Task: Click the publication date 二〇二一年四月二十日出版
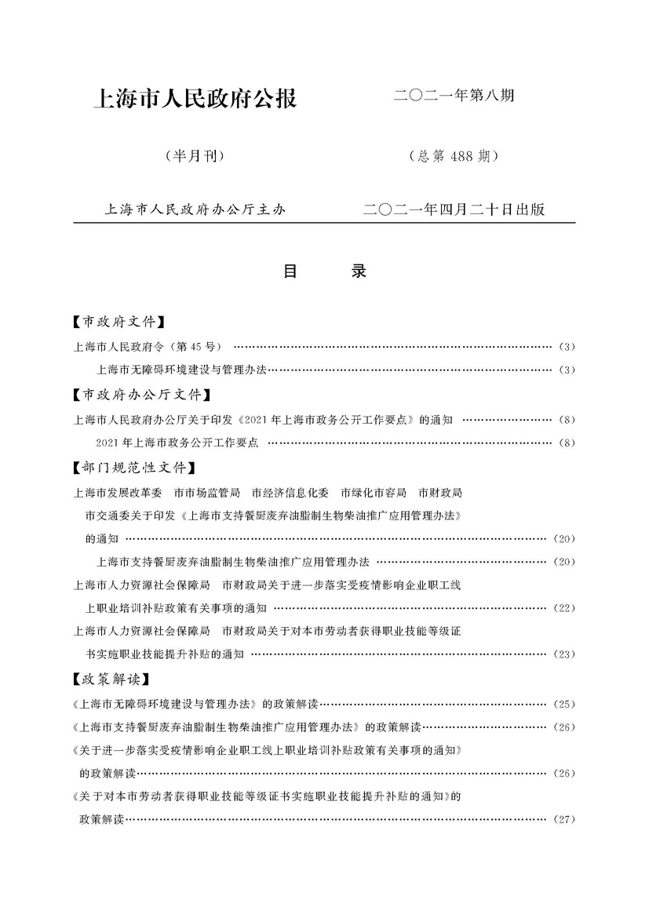point(455,209)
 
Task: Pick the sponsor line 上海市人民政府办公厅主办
point(195,209)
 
